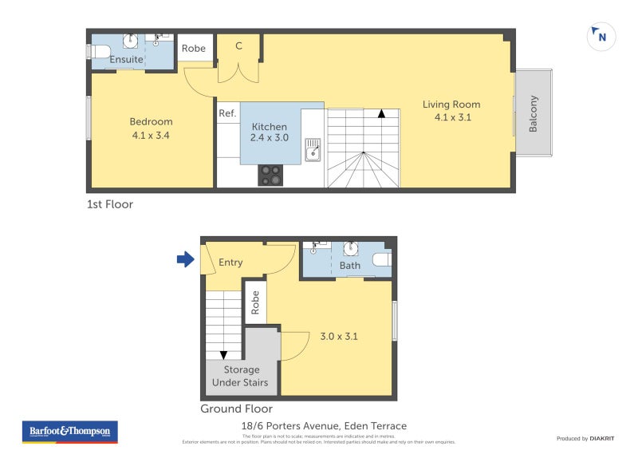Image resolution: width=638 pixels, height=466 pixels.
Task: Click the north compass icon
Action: [x=601, y=36]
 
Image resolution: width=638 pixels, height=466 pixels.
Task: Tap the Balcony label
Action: [x=534, y=113]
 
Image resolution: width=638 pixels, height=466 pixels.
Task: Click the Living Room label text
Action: [x=457, y=110]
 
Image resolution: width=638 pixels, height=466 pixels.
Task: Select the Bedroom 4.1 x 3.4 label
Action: [x=151, y=128]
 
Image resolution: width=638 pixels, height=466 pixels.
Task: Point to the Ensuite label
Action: [x=126, y=59]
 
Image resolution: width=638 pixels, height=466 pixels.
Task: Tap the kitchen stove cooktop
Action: [x=270, y=175]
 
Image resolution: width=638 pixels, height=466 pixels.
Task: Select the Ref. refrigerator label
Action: [x=227, y=114]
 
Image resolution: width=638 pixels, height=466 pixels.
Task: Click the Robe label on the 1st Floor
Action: [x=194, y=49]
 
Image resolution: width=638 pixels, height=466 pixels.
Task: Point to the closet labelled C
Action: [x=238, y=46]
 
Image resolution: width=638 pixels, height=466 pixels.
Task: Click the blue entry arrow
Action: [x=185, y=259]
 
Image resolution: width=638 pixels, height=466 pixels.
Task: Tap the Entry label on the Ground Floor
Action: [x=230, y=263]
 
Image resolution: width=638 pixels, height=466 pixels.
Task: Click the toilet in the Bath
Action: [x=381, y=259]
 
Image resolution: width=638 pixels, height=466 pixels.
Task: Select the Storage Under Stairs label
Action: [x=241, y=376]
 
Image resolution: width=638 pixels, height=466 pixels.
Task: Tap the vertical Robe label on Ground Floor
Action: [x=255, y=304]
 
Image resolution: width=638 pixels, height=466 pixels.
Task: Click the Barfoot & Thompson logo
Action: [x=70, y=432]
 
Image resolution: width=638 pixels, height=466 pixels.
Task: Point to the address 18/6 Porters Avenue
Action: [x=325, y=426]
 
